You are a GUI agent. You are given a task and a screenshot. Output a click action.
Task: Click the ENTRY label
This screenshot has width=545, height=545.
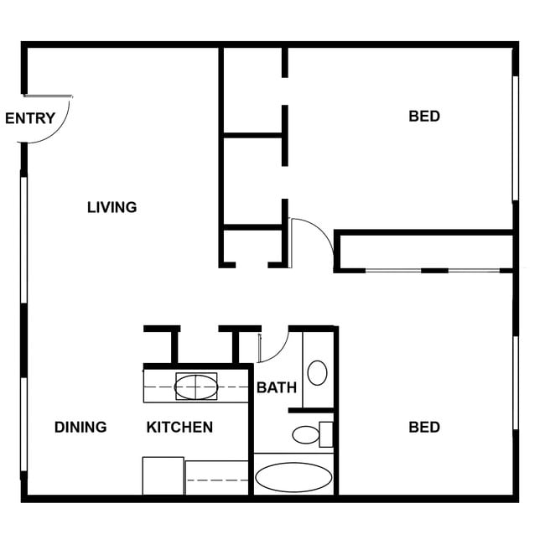(x=29, y=118)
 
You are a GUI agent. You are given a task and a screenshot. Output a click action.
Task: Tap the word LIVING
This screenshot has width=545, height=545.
(x=112, y=207)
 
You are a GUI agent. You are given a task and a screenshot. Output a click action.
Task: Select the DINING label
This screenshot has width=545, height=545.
(x=80, y=427)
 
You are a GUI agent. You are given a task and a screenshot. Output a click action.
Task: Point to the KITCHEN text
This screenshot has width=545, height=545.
(x=179, y=427)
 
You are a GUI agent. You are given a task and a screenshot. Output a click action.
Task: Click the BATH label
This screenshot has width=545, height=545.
(x=276, y=387)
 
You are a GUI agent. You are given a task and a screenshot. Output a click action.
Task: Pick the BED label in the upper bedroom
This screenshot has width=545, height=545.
(x=423, y=117)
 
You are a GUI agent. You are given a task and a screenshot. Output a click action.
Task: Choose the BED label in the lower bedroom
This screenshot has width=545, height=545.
(x=423, y=428)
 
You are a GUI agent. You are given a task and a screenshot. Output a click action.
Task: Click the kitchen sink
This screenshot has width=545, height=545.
(x=196, y=387)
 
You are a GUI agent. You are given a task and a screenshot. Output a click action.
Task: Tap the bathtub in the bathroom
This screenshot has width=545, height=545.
(x=293, y=476)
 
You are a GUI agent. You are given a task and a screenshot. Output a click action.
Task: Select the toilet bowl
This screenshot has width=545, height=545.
(x=306, y=434)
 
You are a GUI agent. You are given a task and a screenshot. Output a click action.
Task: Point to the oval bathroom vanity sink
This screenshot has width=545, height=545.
(x=317, y=372)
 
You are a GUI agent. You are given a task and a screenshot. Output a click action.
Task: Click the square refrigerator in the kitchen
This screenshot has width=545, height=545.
(x=163, y=475)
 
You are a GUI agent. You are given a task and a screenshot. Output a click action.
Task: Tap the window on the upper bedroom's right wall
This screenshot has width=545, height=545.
(x=515, y=138)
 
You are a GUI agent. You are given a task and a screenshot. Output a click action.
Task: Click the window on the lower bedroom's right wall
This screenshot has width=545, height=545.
(x=515, y=382)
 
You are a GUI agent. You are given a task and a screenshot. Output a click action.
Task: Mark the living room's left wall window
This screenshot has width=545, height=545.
(x=24, y=239)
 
